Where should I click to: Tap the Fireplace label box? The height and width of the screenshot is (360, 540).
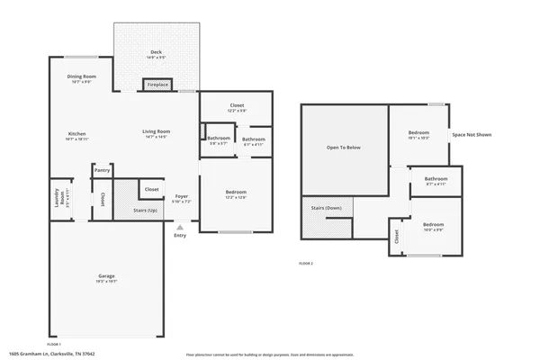[158, 85]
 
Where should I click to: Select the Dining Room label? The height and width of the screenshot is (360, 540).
[81, 76]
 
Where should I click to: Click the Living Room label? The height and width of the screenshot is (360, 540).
[157, 132]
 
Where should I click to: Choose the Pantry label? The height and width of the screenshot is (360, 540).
[102, 170]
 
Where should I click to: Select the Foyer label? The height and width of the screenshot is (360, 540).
[181, 196]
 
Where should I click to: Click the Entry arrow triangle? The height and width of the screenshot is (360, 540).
[180, 227]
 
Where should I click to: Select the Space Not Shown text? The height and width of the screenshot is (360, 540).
[472, 134]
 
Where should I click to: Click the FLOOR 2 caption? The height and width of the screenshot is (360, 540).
[305, 263]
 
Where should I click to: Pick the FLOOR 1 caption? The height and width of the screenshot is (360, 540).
[53, 345]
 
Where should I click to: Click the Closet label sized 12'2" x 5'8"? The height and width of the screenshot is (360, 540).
[236, 106]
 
